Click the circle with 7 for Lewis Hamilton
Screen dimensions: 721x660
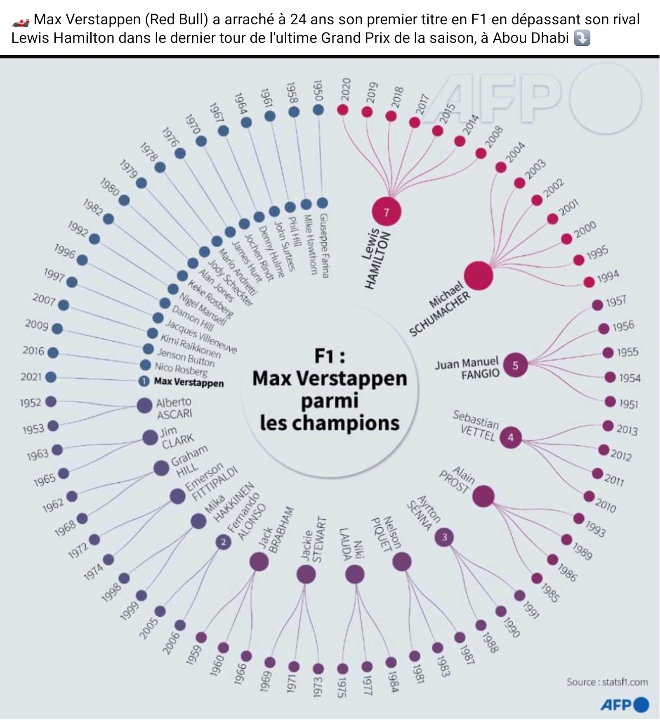[x=386, y=211]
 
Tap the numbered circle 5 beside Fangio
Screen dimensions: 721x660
[x=515, y=365]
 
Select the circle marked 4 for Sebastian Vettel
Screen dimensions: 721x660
[x=511, y=437]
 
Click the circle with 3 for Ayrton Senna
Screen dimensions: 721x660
[x=444, y=537]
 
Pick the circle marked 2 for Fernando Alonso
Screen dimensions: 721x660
[x=224, y=542]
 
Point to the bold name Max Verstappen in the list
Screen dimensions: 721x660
[x=189, y=382]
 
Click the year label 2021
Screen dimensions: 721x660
[x=31, y=377]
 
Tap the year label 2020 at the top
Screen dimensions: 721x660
[x=346, y=89]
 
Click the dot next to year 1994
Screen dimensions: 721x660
[x=589, y=282]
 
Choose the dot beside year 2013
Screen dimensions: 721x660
[x=608, y=426]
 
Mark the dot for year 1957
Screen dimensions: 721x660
[x=597, y=305]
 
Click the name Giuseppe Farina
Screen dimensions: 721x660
[x=324, y=245]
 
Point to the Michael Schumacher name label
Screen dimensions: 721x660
[x=439, y=308]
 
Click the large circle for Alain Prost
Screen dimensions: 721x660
[x=483, y=496]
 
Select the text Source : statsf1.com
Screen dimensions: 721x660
[x=607, y=682]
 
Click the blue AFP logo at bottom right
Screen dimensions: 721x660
[x=625, y=705]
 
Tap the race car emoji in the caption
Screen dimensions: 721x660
[x=20, y=21]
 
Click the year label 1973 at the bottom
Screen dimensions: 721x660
[x=318, y=687]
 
